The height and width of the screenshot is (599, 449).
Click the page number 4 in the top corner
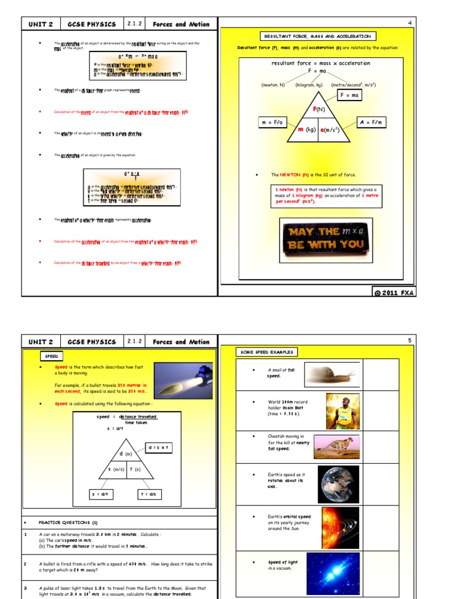click(x=410, y=23)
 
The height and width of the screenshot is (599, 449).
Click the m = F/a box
click(x=274, y=122)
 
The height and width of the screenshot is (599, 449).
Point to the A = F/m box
click(x=371, y=122)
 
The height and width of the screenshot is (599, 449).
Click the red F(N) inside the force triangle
click(x=319, y=109)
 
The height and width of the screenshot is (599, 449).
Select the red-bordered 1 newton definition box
click(x=326, y=195)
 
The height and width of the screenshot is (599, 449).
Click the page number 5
click(x=410, y=340)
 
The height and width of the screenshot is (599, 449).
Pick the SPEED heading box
click(x=52, y=356)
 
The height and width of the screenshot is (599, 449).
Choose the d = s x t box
click(x=158, y=447)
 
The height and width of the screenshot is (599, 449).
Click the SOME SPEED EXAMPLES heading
click(x=267, y=352)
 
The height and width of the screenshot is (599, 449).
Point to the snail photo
click(x=331, y=373)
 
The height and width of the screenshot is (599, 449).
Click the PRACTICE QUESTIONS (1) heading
click(x=68, y=522)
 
